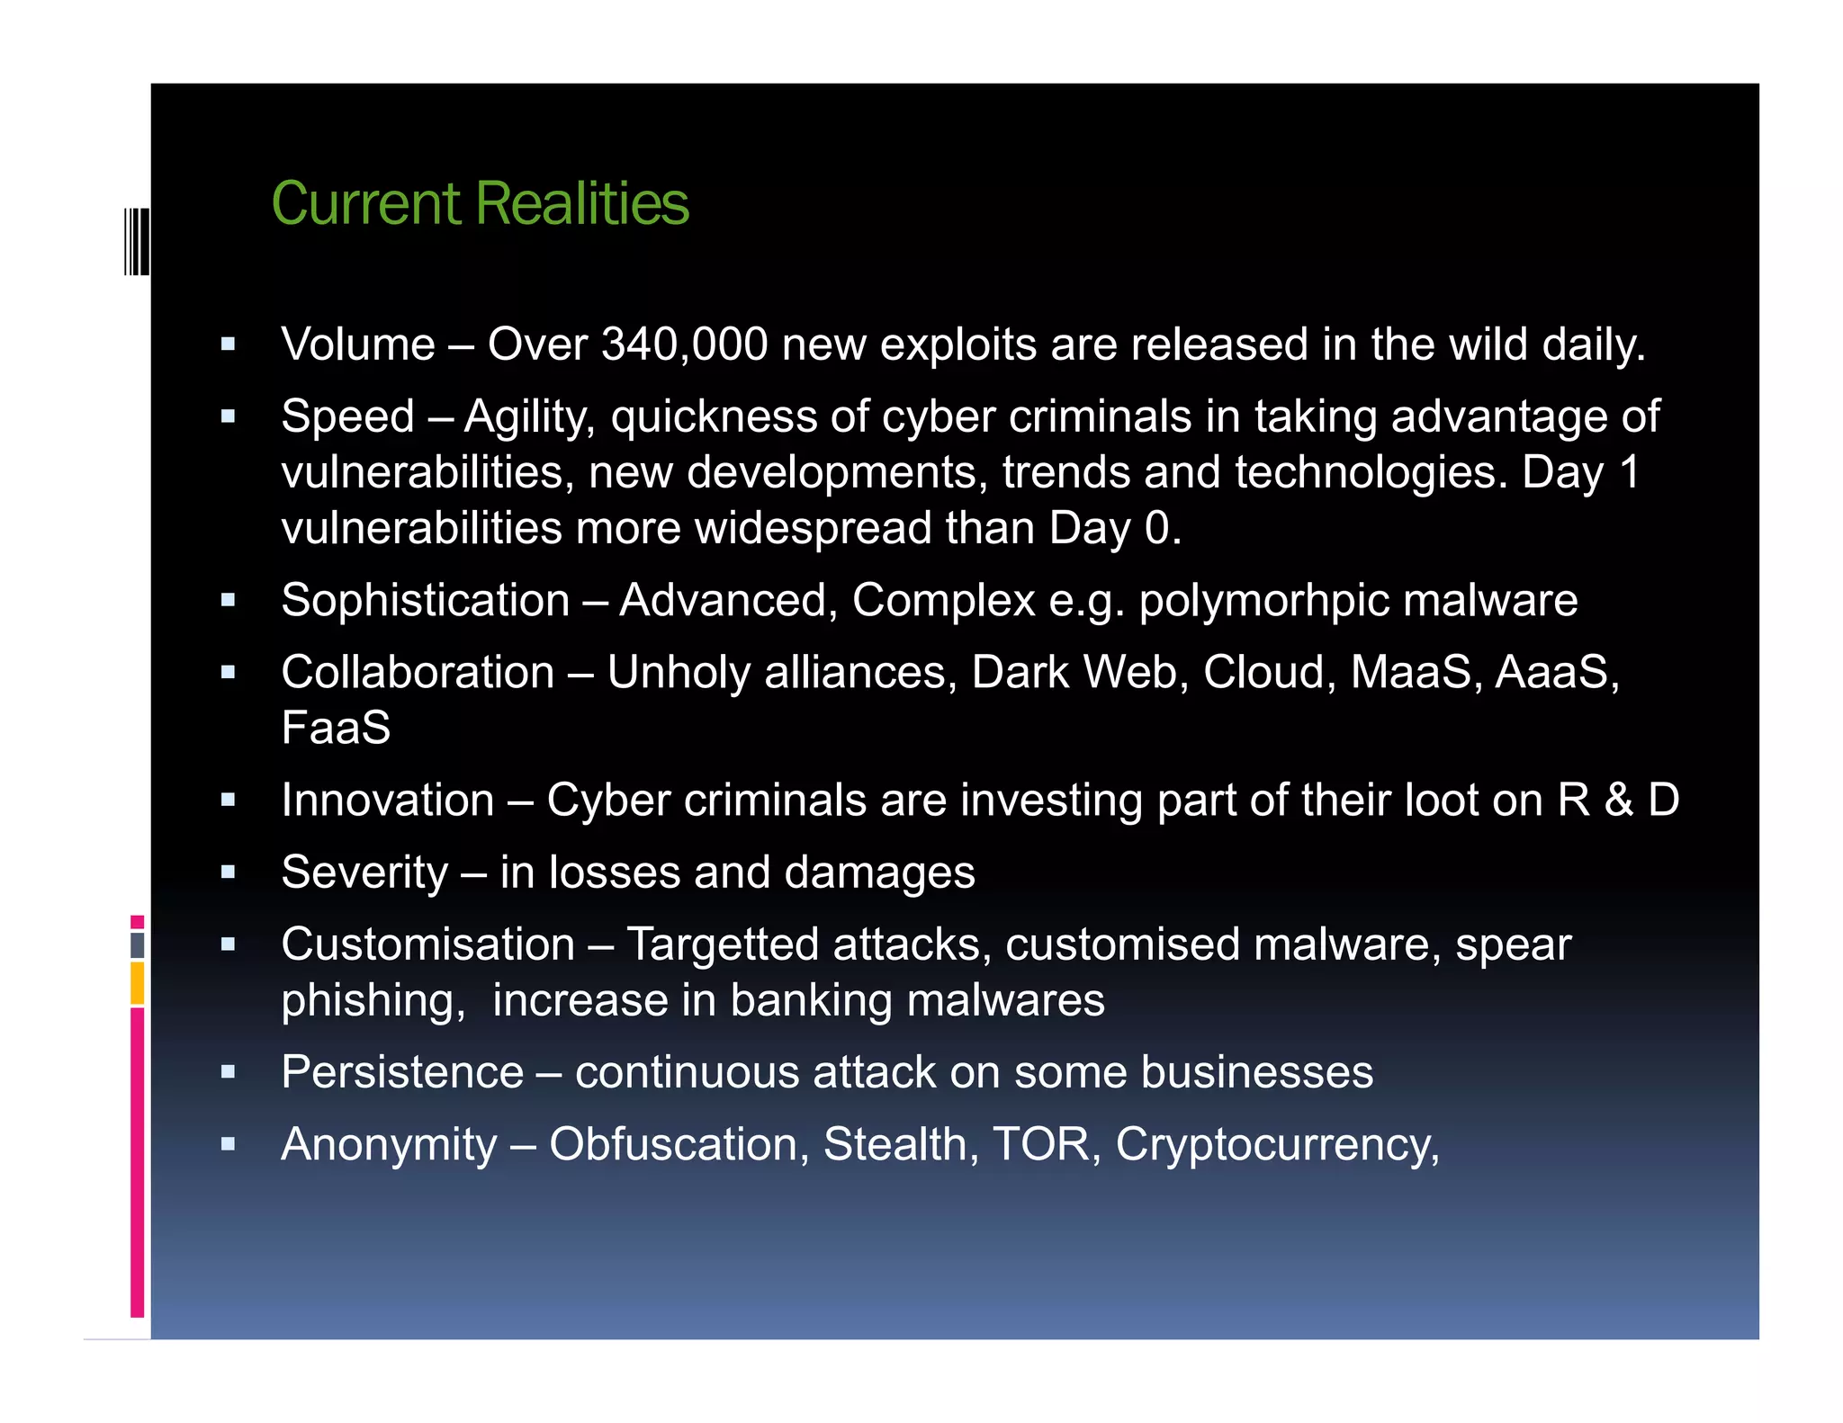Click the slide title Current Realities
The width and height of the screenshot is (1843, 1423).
click(x=480, y=203)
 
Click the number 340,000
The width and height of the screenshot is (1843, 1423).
click(x=684, y=345)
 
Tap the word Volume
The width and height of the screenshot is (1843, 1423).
click(x=358, y=345)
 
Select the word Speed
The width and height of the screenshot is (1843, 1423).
click(x=347, y=416)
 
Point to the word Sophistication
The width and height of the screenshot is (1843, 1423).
click(x=425, y=600)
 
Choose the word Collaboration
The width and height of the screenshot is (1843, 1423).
click(x=418, y=672)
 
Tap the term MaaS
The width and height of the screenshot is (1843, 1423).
click(x=1410, y=672)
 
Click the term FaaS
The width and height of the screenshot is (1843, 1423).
click(x=336, y=728)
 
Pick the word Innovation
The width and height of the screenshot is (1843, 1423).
click(x=388, y=800)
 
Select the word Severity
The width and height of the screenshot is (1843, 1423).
click(x=364, y=873)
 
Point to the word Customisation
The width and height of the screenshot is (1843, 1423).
click(x=427, y=944)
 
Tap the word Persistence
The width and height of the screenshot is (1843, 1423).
click(x=402, y=1072)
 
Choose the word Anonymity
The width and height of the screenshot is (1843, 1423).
click(x=389, y=1144)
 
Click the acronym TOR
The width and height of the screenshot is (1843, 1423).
click(x=1040, y=1144)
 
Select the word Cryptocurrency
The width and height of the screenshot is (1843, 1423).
click(x=1277, y=1145)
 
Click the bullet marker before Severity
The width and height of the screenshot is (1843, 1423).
click(x=229, y=872)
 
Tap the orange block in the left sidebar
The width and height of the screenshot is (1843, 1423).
click(x=137, y=982)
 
